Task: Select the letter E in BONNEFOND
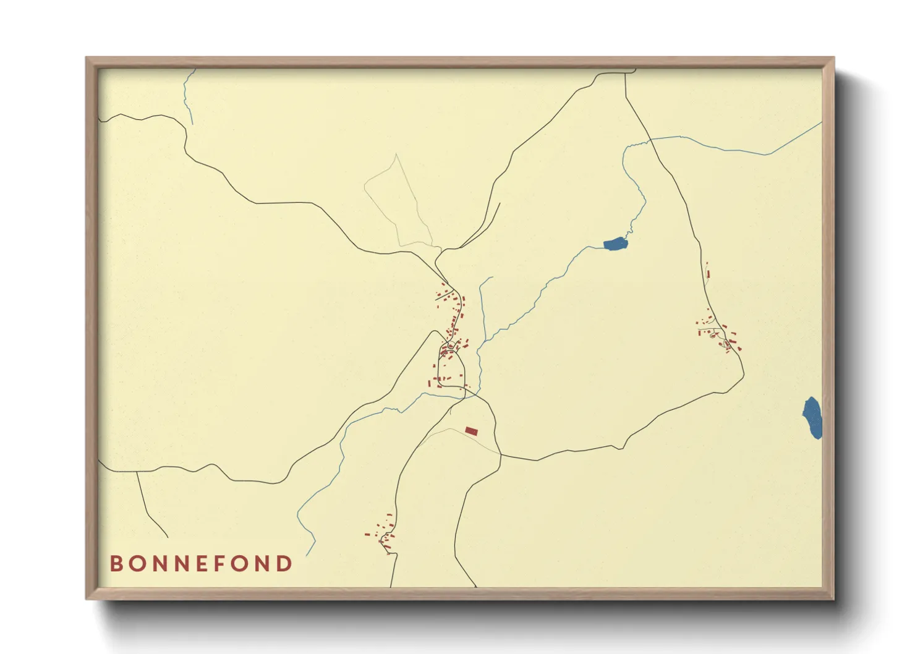pyautogui.click(x=200, y=564)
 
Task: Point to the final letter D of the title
pyautogui.click(x=284, y=564)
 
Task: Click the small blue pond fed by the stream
pyautogui.click(x=616, y=244)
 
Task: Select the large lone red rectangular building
pyautogui.click(x=472, y=431)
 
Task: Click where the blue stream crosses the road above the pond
pyautogui.click(x=650, y=140)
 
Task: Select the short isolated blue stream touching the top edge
pyautogui.click(x=188, y=96)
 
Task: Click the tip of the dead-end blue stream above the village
pyautogui.click(x=492, y=277)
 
